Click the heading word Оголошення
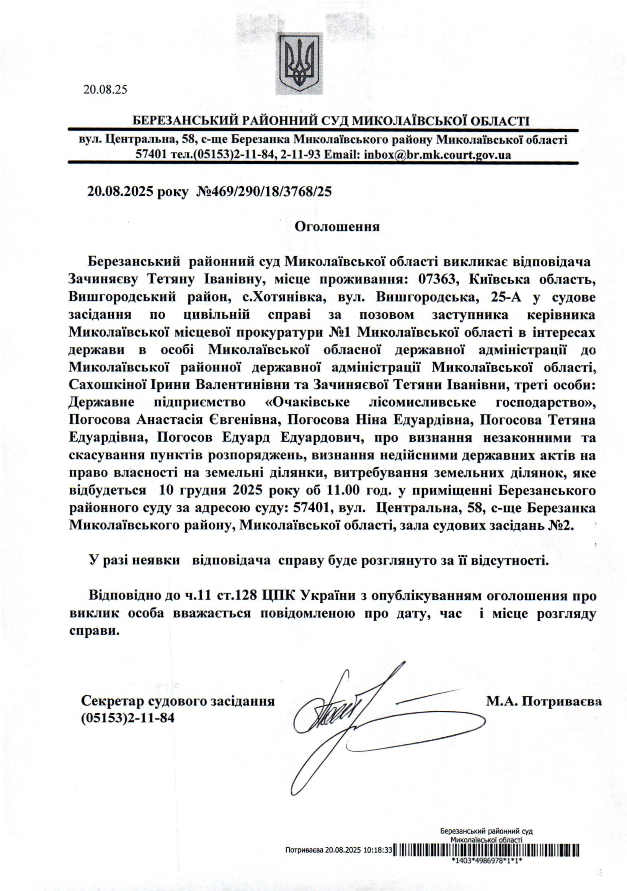point(337,227)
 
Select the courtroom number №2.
point(560,526)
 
